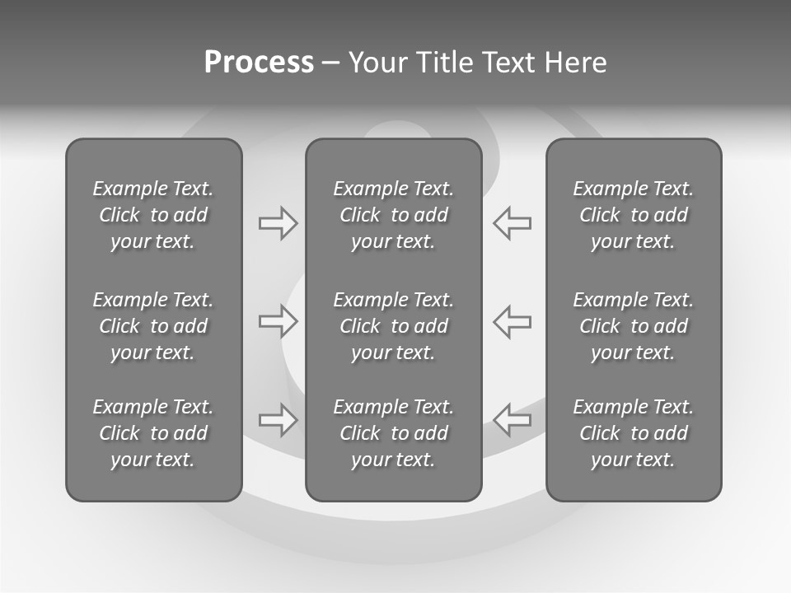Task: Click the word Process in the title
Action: [x=259, y=63]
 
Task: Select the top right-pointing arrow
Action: [x=278, y=223]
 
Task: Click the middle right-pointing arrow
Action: [x=278, y=321]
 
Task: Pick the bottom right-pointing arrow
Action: [x=278, y=419]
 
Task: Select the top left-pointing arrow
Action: [x=513, y=223]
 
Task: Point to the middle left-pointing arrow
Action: [x=513, y=321]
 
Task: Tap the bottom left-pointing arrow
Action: [x=513, y=419]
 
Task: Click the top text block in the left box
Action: [x=153, y=215]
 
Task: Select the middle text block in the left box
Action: [x=153, y=326]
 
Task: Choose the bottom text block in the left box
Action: [x=153, y=433]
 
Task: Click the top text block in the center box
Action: [x=394, y=215]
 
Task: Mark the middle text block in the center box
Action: [x=394, y=326]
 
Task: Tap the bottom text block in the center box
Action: [x=394, y=433]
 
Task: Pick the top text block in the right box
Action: [x=634, y=215]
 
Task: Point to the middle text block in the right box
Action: [x=634, y=326]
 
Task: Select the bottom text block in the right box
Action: [x=634, y=433]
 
